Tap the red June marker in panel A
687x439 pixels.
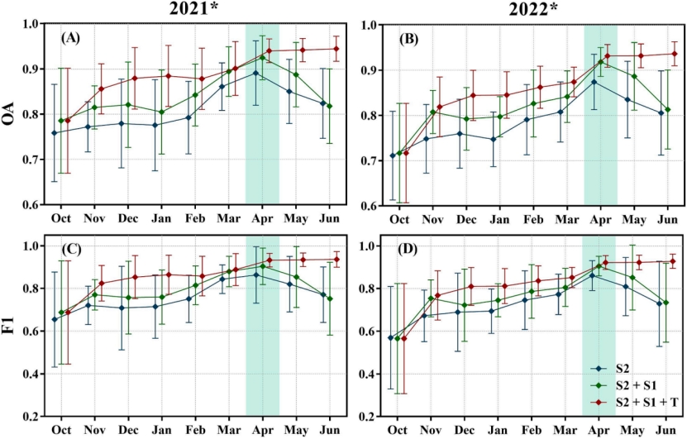(x=336, y=49)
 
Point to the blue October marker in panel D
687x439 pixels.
(x=391, y=337)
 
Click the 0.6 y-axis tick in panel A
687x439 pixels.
(x=32, y=204)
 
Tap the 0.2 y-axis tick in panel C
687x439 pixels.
(x=32, y=417)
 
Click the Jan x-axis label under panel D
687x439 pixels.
(x=498, y=430)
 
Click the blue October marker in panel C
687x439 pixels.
(x=55, y=319)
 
